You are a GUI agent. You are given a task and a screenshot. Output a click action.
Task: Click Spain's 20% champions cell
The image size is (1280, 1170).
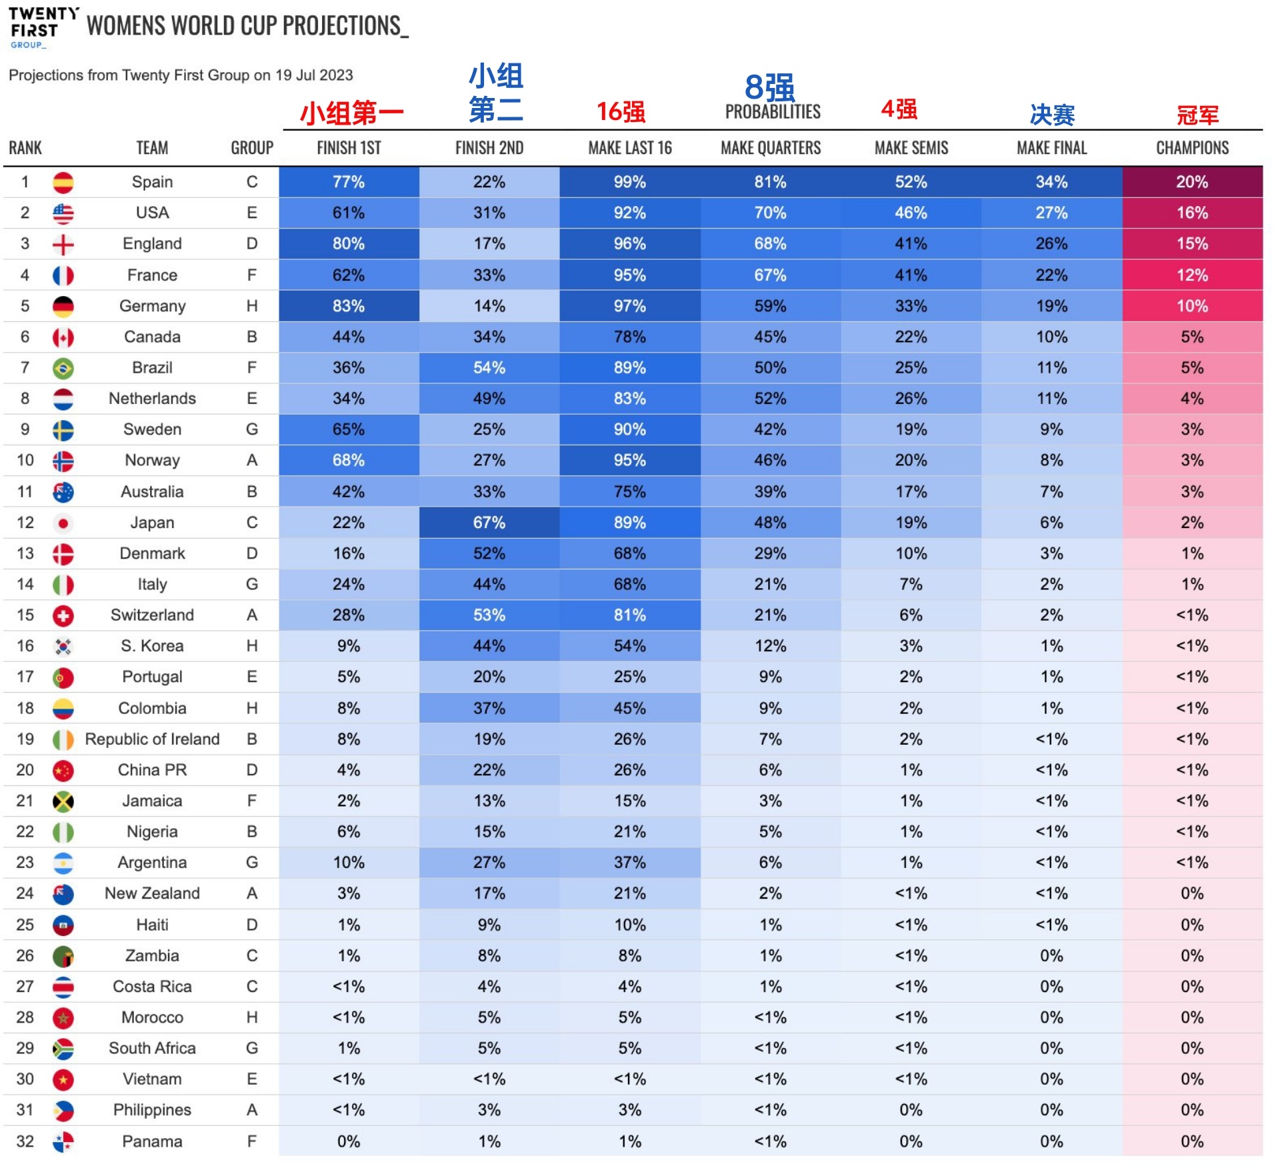(x=1192, y=182)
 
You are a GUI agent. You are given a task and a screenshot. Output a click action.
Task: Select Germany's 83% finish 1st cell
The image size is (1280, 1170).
(x=349, y=306)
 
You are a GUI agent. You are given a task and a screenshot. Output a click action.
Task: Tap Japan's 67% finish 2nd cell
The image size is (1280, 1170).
(x=489, y=523)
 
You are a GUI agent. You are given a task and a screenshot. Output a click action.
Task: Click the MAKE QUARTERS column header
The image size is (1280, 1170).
(x=770, y=148)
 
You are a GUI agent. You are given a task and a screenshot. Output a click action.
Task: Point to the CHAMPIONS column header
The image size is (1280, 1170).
(x=1192, y=148)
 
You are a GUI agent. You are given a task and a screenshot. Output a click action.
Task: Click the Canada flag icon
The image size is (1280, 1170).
(x=63, y=337)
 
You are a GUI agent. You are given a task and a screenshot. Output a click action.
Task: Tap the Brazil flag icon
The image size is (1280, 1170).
(x=63, y=368)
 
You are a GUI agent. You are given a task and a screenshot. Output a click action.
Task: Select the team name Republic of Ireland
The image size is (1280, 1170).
(x=152, y=739)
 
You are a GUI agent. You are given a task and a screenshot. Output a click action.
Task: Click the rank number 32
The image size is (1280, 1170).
(x=25, y=1141)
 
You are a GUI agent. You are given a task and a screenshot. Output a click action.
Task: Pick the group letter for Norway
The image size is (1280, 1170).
(x=251, y=461)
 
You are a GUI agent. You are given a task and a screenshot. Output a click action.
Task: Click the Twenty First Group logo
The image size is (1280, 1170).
(x=43, y=27)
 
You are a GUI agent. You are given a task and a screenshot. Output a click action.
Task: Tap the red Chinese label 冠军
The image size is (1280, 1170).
(x=1197, y=115)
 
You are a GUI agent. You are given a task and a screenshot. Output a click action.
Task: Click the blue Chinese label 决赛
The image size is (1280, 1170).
(x=1052, y=115)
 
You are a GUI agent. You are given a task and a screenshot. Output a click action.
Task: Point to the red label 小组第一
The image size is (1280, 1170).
(x=351, y=113)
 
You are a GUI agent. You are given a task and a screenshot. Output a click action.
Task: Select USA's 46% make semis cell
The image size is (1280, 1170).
(x=911, y=213)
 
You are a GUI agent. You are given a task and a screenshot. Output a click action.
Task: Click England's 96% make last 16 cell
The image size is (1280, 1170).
(x=629, y=244)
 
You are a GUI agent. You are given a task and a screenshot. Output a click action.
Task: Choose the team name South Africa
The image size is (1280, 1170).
(x=152, y=1048)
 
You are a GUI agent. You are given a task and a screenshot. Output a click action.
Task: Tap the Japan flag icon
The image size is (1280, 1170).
(x=63, y=523)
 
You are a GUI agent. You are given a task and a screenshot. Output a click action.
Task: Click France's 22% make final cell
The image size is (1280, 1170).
(x=1051, y=275)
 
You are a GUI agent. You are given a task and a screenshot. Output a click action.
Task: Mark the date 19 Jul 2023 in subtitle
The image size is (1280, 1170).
(x=314, y=75)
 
